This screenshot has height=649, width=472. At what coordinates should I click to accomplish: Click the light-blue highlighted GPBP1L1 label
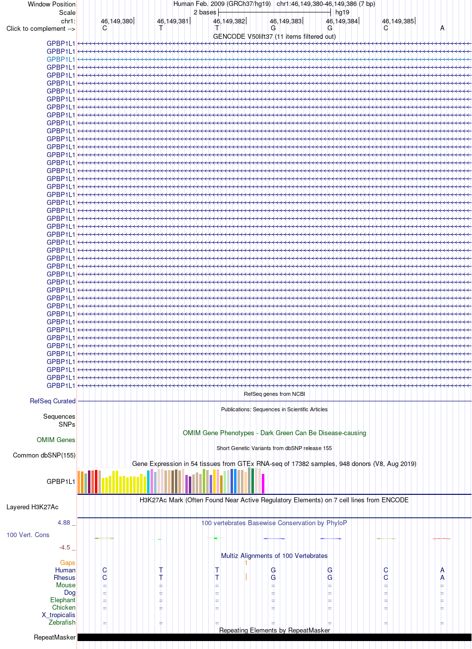coord(61,59)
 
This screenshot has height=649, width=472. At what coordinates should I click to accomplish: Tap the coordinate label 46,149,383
coord(286,21)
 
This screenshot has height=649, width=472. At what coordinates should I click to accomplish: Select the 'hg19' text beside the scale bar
coord(342,12)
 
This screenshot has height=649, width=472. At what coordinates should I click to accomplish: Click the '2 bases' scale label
coord(205,12)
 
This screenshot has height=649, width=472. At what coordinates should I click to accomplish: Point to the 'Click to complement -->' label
coord(41,29)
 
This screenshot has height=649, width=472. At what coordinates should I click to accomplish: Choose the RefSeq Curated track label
coord(52,401)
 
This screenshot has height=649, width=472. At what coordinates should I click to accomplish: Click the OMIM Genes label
coord(56,440)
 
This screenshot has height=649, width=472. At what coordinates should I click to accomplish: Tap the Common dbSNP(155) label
coord(44,455)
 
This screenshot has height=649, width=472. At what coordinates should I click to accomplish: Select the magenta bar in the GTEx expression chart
coord(263,483)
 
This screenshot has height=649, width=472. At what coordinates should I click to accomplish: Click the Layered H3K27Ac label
coord(32,507)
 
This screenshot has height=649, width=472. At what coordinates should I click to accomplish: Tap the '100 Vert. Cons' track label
coord(28,535)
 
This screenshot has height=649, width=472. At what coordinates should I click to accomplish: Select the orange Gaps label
coord(68,562)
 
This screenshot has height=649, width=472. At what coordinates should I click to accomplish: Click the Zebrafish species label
coord(62,622)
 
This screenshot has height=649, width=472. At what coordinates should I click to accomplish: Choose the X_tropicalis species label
coord(59,615)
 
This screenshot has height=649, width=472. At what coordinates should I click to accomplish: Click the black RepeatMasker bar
coord(274,637)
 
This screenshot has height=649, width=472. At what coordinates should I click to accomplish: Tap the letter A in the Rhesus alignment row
coord(442,577)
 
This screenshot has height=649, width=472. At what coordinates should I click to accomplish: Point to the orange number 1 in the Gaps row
coord(246,562)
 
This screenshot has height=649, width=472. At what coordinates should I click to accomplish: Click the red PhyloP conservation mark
coord(441,539)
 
